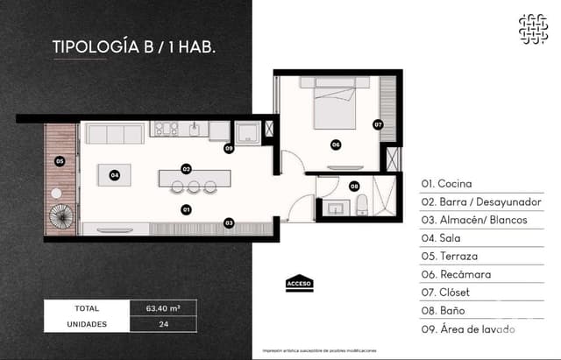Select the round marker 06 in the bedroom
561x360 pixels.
click(x=336, y=145)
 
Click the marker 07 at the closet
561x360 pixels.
click(x=378, y=124)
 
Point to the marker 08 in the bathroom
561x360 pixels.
click(x=354, y=186)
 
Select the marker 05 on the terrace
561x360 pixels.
click(x=60, y=161)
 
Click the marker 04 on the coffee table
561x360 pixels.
click(x=115, y=175)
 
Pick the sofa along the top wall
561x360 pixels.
click(x=114, y=134)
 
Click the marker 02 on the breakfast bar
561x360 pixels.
click(x=186, y=168)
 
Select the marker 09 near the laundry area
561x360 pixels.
click(x=228, y=149)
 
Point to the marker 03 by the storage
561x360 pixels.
click(x=229, y=222)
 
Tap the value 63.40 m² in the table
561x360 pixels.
click(x=163, y=308)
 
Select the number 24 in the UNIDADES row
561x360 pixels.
click(x=163, y=323)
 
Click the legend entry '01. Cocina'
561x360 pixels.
click(x=446, y=184)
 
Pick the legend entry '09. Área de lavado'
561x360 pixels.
click(x=467, y=328)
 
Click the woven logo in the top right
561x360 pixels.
click(x=532, y=29)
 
